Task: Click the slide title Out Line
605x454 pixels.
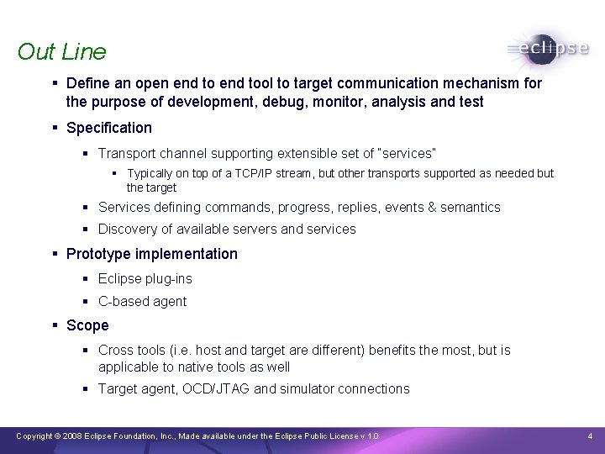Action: pyautogui.click(x=61, y=51)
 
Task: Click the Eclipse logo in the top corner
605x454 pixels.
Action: pyautogui.click(x=548, y=49)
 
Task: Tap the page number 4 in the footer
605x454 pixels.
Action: pyautogui.click(x=590, y=436)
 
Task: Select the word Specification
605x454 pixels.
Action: pyautogui.click(x=108, y=128)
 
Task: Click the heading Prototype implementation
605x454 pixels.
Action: pyautogui.click(x=151, y=254)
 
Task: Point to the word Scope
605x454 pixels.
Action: pyautogui.click(x=87, y=325)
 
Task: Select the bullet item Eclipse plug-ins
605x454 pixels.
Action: pyautogui.click(x=145, y=278)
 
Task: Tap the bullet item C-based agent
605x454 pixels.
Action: pyautogui.click(x=142, y=301)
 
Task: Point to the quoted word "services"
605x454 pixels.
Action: pyautogui.click(x=408, y=153)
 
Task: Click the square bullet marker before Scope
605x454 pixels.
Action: pyautogui.click(x=54, y=325)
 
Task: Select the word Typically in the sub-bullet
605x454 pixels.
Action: pyautogui.click(x=154, y=173)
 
